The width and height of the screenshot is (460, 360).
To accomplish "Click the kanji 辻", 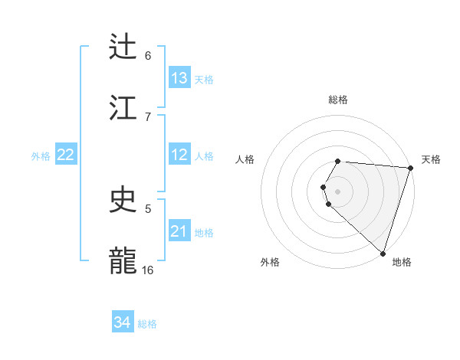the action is click(124, 47).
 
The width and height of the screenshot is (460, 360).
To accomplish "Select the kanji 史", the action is click(124, 200).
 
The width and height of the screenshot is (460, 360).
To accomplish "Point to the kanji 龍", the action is click(124, 260).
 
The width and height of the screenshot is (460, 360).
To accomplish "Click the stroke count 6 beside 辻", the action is click(148, 56).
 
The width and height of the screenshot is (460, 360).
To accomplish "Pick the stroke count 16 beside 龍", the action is click(148, 270).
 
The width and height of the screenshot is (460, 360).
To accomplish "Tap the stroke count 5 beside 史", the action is click(148, 208).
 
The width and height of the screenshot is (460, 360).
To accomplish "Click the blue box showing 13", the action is click(179, 78).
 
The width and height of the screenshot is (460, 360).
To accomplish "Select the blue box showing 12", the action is click(179, 155).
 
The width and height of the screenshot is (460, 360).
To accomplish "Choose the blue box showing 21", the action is click(179, 231).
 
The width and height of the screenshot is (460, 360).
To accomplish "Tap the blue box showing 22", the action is click(66, 155).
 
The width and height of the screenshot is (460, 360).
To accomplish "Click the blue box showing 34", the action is click(123, 322).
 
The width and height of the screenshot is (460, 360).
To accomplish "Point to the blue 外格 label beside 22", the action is click(41, 155).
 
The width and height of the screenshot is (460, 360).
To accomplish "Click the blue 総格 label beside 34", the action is click(147, 324).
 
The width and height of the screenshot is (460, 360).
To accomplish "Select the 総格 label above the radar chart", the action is click(338, 100).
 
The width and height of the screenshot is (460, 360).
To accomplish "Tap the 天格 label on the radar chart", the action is click(432, 159).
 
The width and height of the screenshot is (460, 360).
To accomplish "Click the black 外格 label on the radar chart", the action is click(270, 263).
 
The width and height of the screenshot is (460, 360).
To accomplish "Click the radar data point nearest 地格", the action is click(383, 253).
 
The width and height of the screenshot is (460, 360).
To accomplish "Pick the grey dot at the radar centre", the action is click(338, 191).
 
